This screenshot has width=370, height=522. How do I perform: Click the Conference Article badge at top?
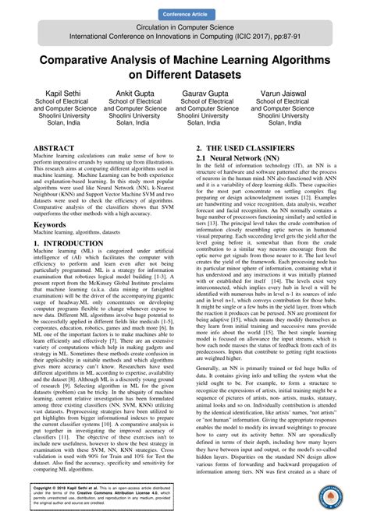[x=185, y=15]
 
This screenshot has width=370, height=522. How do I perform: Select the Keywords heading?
[x=49, y=224]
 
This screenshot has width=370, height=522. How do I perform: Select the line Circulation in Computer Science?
[x=185, y=26]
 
